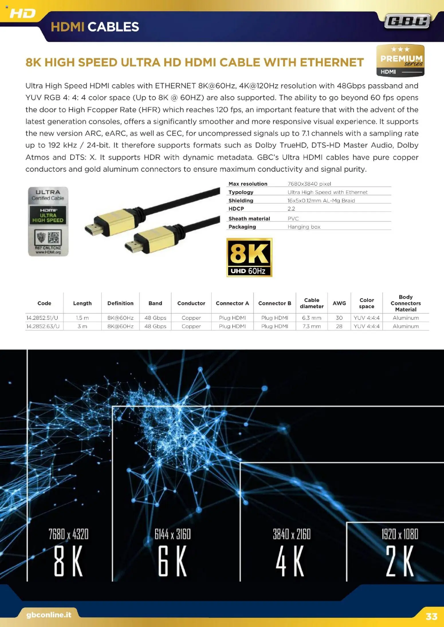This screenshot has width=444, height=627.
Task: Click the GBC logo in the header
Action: [x=407, y=21]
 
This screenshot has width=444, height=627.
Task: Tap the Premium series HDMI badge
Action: [x=400, y=61]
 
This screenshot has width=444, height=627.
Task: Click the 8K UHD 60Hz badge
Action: [x=249, y=257]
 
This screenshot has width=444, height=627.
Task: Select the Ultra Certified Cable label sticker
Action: [x=48, y=221]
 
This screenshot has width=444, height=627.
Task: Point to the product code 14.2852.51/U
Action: [x=42, y=318]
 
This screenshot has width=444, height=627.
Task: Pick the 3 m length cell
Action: [x=82, y=326]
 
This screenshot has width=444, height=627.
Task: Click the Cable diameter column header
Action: [x=312, y=303]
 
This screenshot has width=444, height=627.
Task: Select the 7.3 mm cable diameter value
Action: [x=312, y=326]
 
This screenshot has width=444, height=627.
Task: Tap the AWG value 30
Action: [x=339, y=318]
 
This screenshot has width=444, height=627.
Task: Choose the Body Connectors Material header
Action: [x=406, y=303]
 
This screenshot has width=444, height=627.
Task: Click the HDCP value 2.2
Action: [x=291, y=209]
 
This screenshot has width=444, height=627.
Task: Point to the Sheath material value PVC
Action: [x=293, y=219]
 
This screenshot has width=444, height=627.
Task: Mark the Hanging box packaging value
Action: [x=304, y=227]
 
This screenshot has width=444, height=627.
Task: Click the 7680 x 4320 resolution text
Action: [x=68, y=534]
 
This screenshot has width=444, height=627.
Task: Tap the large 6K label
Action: [x=172, y=561]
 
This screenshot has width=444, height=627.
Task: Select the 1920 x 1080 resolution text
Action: [x=400, y=534]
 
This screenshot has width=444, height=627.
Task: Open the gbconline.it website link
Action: [x=49, y=615]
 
